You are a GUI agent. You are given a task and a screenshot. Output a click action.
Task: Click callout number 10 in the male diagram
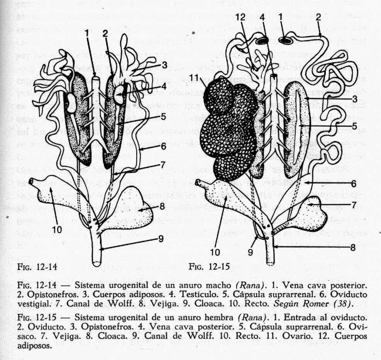click(57, 229)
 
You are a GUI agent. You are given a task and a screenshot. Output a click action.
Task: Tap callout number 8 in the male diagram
click(162, 207)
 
